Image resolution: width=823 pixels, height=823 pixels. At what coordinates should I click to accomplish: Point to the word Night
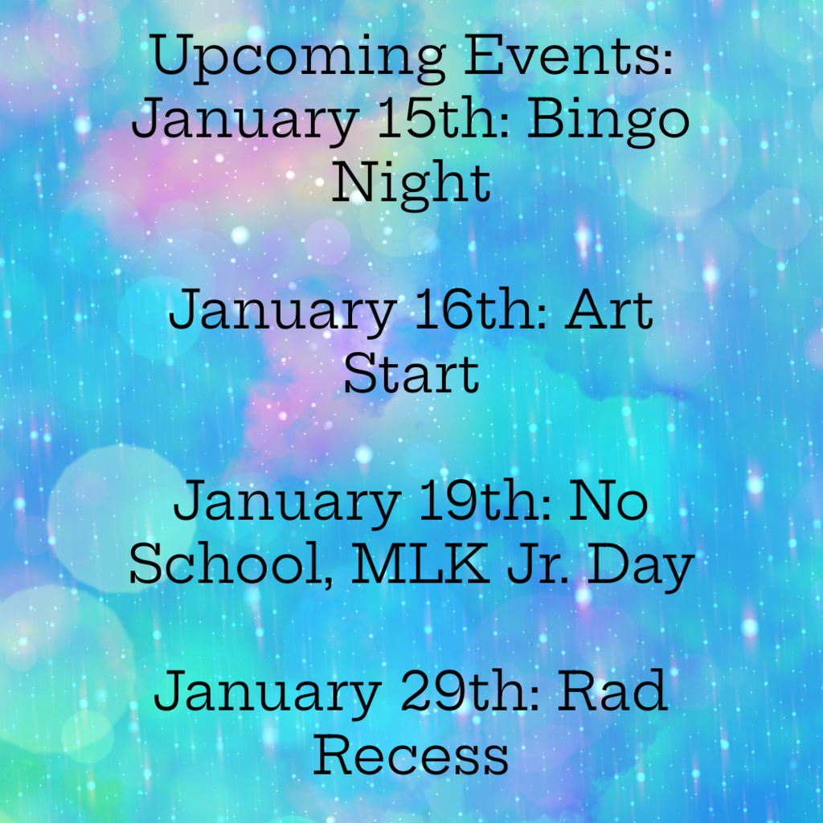tap(411, 183)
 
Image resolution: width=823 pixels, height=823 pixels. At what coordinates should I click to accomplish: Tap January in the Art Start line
tap(280, 312)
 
